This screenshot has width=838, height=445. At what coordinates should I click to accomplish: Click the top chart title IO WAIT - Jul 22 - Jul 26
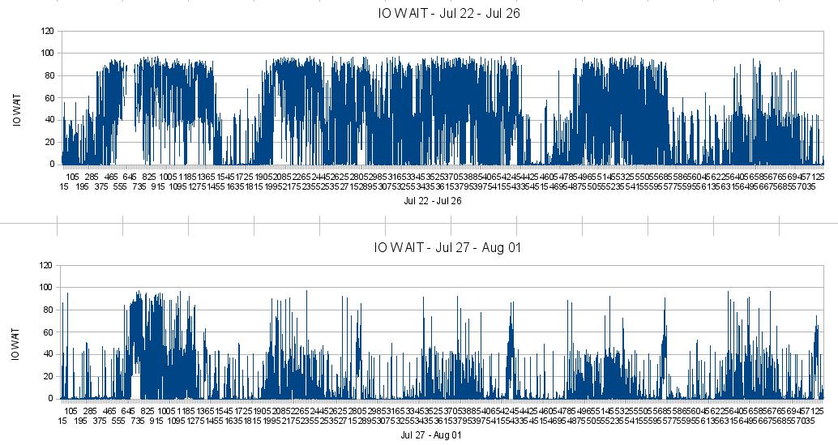444,13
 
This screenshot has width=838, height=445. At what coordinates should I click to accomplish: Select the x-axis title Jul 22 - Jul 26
432,201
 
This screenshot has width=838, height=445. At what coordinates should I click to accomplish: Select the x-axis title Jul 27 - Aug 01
430,435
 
